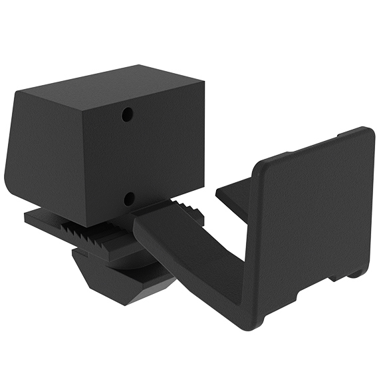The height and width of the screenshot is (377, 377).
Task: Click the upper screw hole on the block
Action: [x=126, y=115]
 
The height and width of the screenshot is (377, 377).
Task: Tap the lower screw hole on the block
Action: [x=129, y=198]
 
